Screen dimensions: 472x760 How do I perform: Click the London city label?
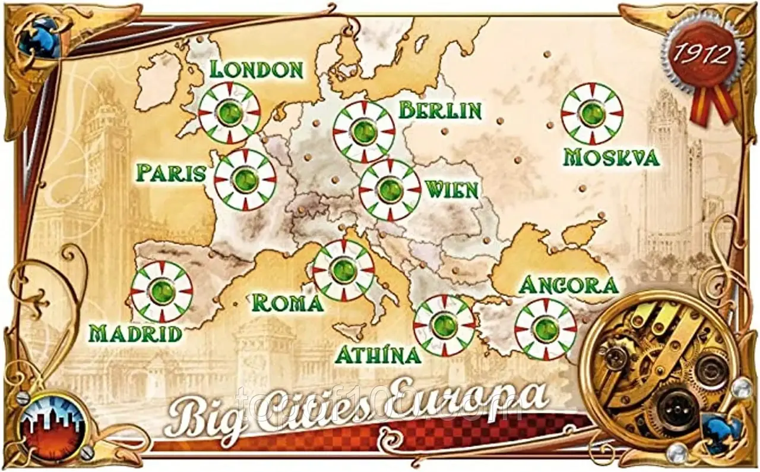pos(256,69)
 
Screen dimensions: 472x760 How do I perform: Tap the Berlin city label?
pos(439,110)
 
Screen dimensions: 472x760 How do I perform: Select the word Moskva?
pos(611,158)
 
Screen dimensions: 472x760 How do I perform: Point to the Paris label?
pos(170,173)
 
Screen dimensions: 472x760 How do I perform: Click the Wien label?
pos(452,190)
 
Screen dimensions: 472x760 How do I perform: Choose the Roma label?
pos(287,303)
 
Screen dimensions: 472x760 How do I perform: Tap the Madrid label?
pos(135,333)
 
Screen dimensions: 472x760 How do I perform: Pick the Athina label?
pos(378,355)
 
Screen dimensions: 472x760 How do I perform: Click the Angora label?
pos(568,285)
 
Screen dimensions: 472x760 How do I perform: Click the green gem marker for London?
pos(229,112)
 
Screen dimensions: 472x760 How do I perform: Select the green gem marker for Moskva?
pos(592,114)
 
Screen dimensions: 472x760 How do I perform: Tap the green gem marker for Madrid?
pos(161,291)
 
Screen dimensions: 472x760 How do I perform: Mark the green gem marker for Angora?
pos(545,329)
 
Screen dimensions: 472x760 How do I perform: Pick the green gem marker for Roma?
pos(344,270)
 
